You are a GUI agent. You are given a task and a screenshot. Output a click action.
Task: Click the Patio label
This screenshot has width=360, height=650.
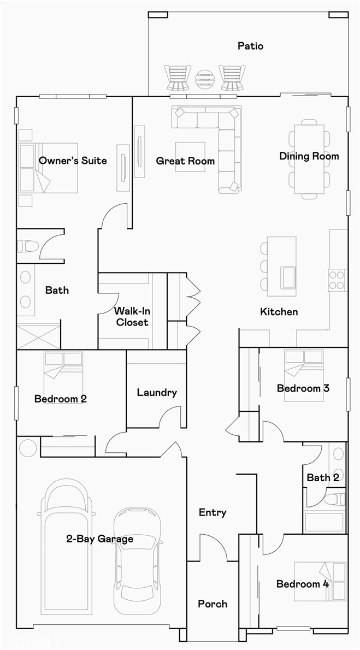[250, 46]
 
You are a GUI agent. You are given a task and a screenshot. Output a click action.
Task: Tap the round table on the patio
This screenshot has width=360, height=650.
[205, 79]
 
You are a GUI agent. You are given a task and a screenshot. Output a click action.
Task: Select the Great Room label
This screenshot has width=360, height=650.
[185, 161]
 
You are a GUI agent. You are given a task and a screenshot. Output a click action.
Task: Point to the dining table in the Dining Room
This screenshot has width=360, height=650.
[309, 159]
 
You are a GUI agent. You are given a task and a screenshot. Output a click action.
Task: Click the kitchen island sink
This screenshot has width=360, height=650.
[287, 276]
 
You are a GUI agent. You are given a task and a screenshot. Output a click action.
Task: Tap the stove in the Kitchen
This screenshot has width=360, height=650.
[337, 279]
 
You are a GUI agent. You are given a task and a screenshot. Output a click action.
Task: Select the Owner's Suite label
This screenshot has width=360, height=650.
[73, 161]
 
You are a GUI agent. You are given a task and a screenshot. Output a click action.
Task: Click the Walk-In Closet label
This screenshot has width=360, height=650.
[132, 317]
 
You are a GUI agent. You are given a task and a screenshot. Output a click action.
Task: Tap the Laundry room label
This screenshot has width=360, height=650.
[157, 392]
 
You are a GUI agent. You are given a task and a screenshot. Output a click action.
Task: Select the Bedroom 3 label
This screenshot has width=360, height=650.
[303, 388]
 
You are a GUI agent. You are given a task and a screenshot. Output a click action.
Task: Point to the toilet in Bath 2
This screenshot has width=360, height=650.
[334, 499]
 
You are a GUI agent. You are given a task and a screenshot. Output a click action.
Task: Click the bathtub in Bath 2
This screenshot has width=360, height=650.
[324, 522]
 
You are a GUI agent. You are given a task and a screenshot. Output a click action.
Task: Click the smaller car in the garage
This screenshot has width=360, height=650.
[138, 560]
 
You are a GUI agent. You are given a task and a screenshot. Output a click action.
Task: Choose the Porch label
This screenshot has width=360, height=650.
[213, 604]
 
